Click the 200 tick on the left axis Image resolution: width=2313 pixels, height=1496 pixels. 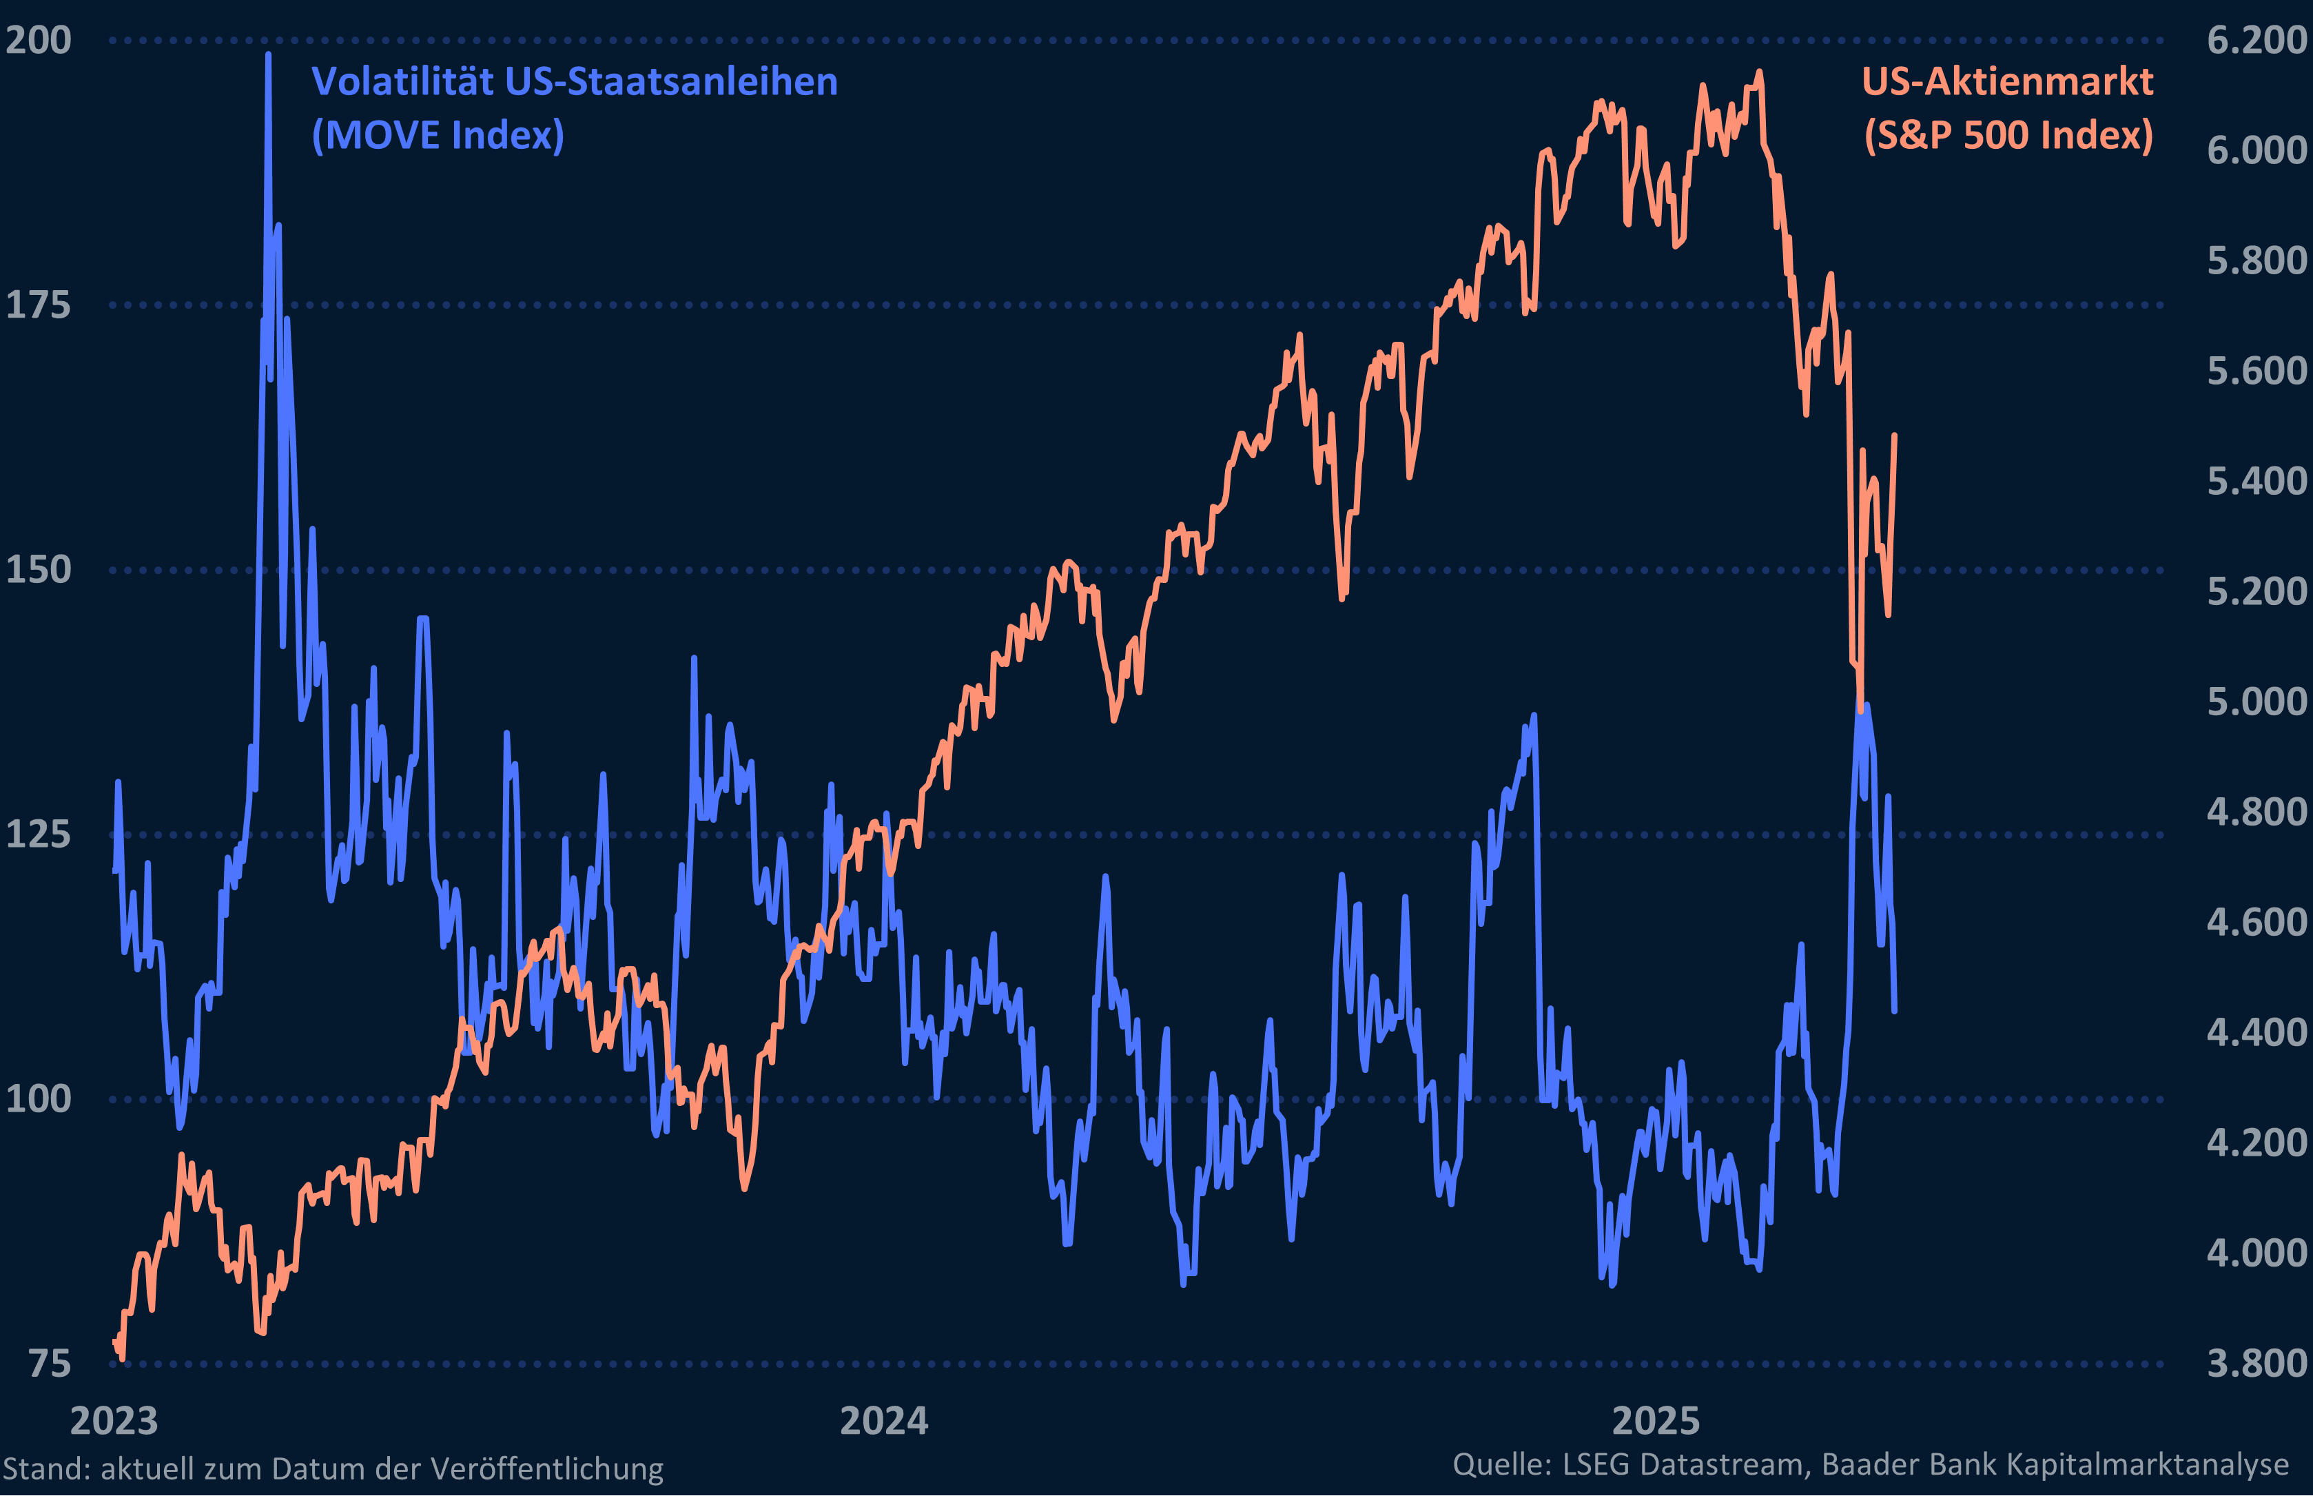[x=39, y=41]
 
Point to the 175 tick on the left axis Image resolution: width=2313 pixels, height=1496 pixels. [x=39, y=306]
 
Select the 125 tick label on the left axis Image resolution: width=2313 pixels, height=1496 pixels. [x=39, y=834]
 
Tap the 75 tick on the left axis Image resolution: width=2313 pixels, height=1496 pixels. [x=50, y=1364]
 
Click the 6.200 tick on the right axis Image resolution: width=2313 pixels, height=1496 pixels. [x=2256, y=41]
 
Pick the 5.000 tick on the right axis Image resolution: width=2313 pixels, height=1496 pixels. [x=2256, y=701]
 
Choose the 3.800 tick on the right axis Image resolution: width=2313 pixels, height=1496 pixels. [x=2256, y=1364]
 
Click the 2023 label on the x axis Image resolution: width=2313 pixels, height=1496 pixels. [x=114, y=1421]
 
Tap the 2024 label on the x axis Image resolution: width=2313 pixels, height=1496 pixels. [x=883, y=1421]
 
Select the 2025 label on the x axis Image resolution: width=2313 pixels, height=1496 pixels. [x=1656, y=1421]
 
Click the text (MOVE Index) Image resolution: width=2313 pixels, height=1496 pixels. [x=438, y=135]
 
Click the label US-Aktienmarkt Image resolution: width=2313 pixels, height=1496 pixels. [x=2007, y=81]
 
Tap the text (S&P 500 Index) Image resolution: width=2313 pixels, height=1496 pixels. [x=2007, y=135]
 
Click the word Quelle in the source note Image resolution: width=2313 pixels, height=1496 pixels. [x=1501, y=1464]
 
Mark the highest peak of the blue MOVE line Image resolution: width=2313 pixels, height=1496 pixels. [x=268, y=54]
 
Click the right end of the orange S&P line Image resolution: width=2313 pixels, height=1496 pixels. [x=1895, y=436]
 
